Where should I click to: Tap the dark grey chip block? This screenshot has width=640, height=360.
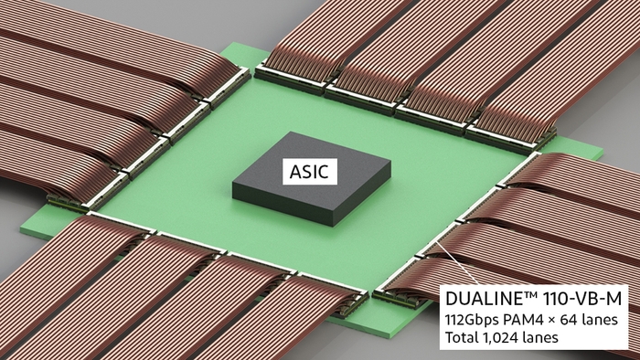(x=311, y=183)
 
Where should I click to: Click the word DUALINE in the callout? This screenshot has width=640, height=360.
(x=485, y=298)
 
